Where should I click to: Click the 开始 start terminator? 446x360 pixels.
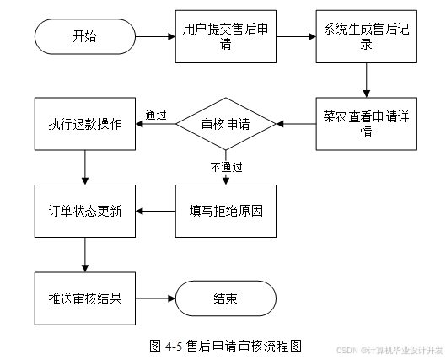[85, 36]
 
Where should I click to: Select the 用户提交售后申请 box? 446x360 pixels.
[226, 36]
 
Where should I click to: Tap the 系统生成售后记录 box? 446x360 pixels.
[367, 36]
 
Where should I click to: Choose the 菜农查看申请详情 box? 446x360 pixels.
[367, 124]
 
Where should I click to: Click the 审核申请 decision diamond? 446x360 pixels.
[226, 124]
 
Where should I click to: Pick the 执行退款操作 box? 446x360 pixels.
[85, 124]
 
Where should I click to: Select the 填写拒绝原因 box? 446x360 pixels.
[226, 211]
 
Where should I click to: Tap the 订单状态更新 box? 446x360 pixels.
[85, 211]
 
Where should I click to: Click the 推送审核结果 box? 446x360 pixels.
[85, 298]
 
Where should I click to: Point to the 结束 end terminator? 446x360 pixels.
[226, 298]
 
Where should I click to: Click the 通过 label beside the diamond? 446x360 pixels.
[156, 115]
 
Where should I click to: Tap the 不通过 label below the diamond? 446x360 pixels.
[226, 167]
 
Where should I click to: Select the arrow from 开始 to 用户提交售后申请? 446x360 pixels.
[155, 36]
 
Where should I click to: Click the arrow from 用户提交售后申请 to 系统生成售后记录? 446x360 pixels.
[296, 36]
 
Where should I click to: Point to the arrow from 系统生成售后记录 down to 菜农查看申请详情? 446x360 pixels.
[367, 80]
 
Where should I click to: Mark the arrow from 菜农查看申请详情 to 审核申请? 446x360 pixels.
[296, 124]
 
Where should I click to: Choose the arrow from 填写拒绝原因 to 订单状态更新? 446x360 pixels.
[155, 211]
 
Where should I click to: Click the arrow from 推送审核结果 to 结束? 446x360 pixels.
[155, 298]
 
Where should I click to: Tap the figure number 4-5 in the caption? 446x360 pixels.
[173, 347]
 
